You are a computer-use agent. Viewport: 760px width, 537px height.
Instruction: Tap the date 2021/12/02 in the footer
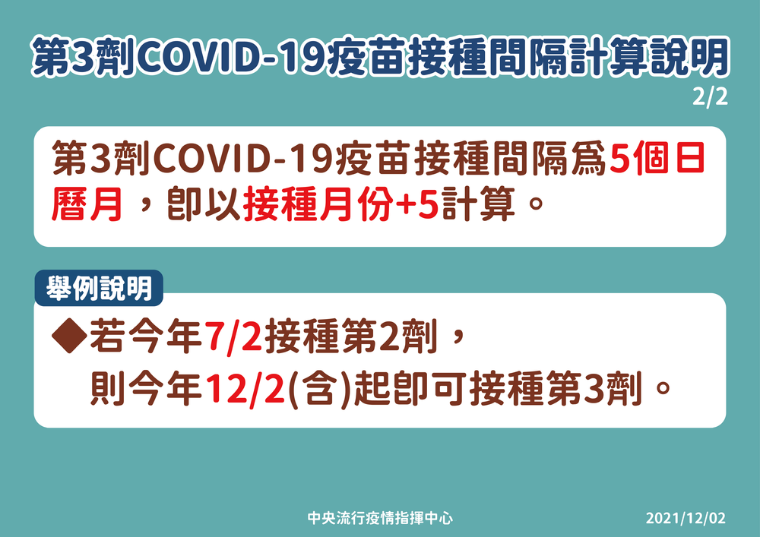pyautogui.click(x=686, y=519)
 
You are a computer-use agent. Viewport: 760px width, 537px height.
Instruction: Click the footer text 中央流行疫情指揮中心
pyautogui.click(x=380, y=519)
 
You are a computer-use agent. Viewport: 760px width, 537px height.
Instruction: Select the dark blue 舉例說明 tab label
pyautogui.click(x=98, y=289)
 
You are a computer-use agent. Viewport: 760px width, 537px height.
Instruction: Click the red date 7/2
pyautogui.click(x=232, y=337)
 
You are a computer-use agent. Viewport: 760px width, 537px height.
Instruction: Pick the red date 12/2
pyautogui.click(x=250, y=390)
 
